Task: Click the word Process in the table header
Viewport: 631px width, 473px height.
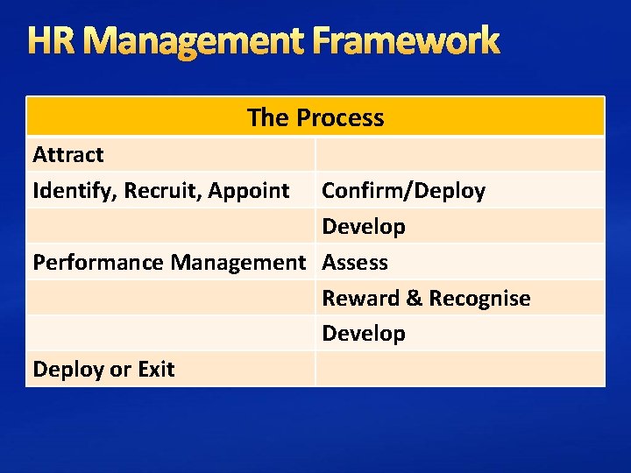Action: click(340, 117)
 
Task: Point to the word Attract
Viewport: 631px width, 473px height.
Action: click(68, 155)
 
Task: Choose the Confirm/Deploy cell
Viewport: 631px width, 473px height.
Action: click(403, 191)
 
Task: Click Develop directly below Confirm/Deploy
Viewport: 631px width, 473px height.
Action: click(364, 227)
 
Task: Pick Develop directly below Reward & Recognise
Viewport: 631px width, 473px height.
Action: click(364, 334)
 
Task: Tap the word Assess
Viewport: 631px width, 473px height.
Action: click(355, 262)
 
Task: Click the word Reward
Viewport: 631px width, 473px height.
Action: click(360, 298)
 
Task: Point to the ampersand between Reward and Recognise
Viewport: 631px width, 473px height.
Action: click(415, 298)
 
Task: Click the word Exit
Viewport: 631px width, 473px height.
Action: click(156, 370)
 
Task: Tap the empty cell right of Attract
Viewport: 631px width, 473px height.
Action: click(459, 155)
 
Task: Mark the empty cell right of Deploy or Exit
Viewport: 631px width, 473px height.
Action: click(459, 370)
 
